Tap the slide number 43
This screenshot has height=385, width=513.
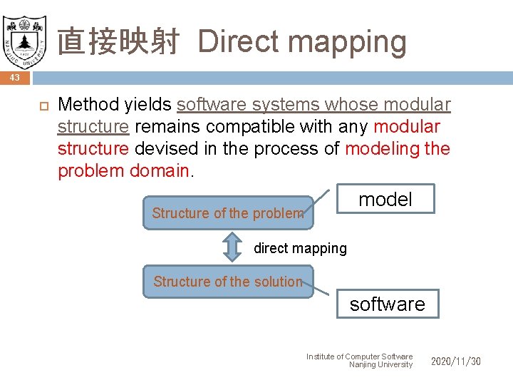pyautogui.click(x=15, y=77)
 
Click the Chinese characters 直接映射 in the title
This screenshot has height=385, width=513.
pyautogui.click(x=121, y=41)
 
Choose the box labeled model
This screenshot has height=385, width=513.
pyautogui.click(x=385, y=200)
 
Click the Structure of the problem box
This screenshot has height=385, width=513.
pyautogui.click(x=227, y=213)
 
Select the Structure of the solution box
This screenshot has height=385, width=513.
pyautogui.click(x=227, y=282)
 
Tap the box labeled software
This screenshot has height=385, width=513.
pyautogui.click(x=387, y=304)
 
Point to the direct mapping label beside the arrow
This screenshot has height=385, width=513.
pyautogui.click(x=300, y=248)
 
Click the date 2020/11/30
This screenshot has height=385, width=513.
pyautogui.click(x=455, y=361)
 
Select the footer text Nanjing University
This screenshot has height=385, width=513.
pyautogui.click(x=380, y=365)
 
